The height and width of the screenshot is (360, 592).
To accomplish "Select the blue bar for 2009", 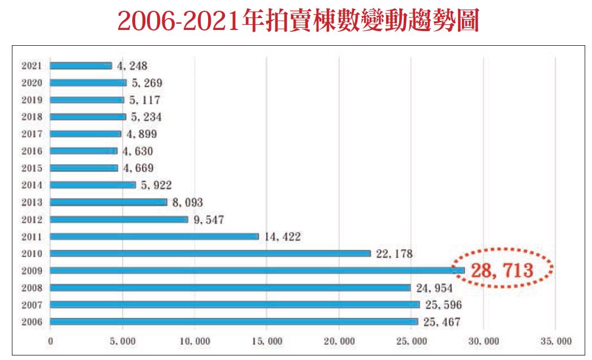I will [x=257, y=271].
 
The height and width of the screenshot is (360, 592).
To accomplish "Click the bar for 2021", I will [x=81, y=66].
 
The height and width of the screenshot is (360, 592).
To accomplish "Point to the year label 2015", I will [x=31, y=168].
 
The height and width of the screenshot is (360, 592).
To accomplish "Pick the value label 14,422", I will [x=283, y=237].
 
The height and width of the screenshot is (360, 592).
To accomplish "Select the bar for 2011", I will [x=154, y=237].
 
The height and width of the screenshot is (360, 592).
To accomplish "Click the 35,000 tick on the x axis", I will [x=556, y=341].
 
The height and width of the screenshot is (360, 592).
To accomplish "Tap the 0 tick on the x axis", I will [x=50, y=341].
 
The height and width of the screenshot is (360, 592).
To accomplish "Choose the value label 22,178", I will [x=395, y=254].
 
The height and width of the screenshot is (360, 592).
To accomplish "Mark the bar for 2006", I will [x=234, y=322].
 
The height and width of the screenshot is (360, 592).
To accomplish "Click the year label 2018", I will [x=31, y=117].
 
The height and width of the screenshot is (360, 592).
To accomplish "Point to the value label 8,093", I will [x=187, y=202].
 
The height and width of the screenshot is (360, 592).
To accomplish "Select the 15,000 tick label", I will [x=267, y=341].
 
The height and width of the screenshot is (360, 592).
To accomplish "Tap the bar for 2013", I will [x=109, y=202].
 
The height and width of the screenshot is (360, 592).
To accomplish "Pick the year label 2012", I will [x=31, y=219].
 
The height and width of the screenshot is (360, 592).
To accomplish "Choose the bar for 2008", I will [x=230, y=288].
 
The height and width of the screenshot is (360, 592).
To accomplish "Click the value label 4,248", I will [x=132, y=66].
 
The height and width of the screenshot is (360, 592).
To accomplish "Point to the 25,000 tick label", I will [x=411, y=341].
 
